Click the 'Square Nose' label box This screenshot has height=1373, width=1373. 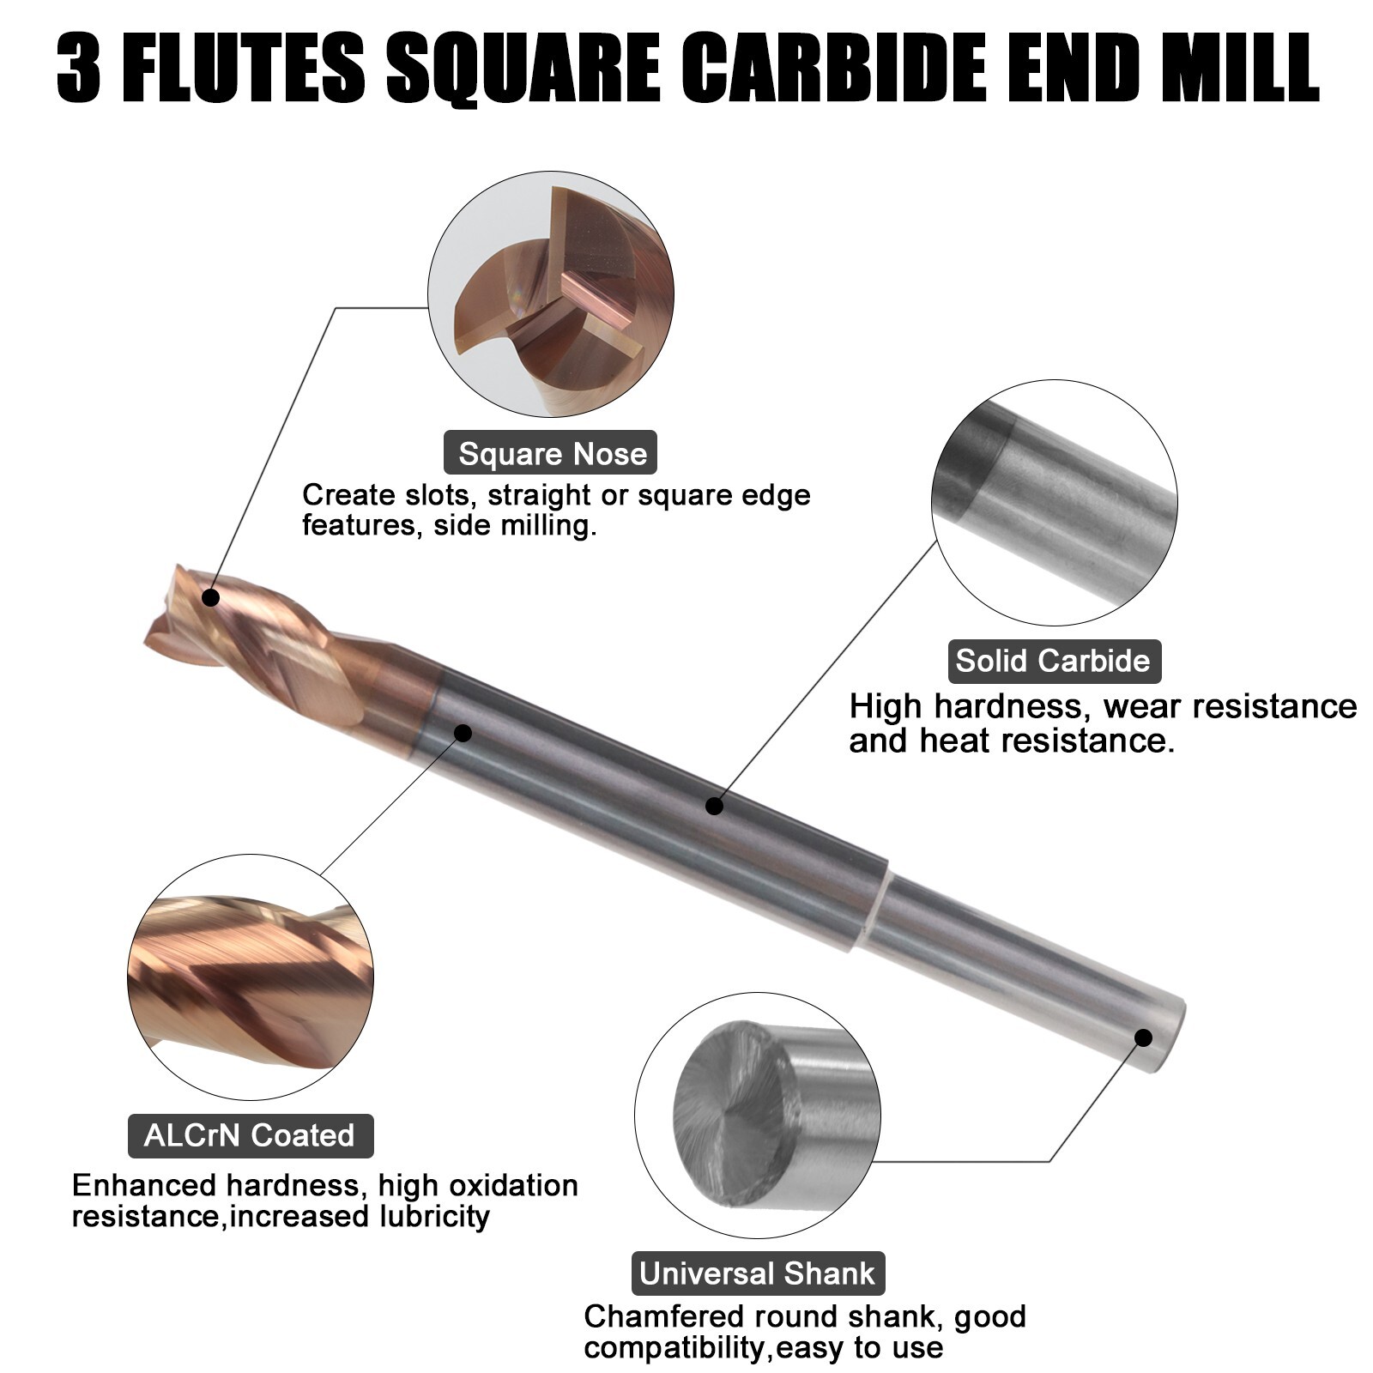click(x=550, y=453)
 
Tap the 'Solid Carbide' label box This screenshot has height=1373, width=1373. click(x=1053, y=661)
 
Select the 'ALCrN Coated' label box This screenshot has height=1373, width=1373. click(x=250, y=1135)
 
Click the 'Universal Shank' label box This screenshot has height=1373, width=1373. click(x=758, y=1273)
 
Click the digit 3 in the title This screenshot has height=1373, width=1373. click(x=80, y=69)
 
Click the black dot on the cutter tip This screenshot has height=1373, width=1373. click(x=210, y=597)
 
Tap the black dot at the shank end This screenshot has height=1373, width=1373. click(x=1143, y=1037)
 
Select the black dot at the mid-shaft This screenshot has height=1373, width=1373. click(x=714, y=805)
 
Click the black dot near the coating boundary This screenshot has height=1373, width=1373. click(x=463, y=732)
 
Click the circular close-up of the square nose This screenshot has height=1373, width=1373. click(x=551, y=294)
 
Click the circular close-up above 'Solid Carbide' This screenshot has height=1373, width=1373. click(x=1054, y=503)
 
